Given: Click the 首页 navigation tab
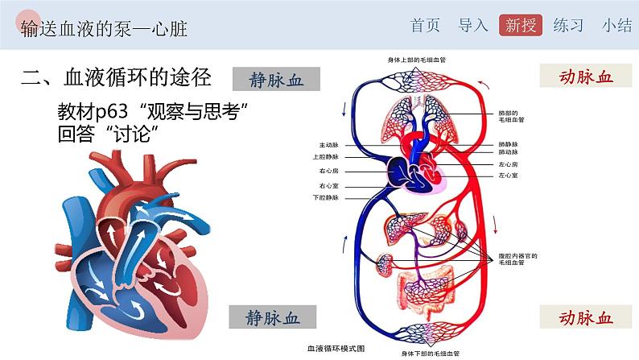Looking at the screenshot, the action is pyautogui.click(x=425, y=25).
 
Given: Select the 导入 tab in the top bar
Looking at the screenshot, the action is pyautogui.click(x=473, y=25).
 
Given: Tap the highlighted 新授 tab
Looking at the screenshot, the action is pyautogui.click(x=521, y=25).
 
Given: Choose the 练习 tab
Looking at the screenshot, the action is pyautogui.click(x=569, y=25).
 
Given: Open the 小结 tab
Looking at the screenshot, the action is pyautogui.click(x=617, y=25).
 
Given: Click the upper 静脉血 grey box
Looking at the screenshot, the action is pyautogui.click(x=276, y=79).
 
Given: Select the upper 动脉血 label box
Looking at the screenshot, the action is pyautogui.click(x=586, y=77).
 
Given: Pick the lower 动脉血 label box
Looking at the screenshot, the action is pyautogui.click(x=586, y=317).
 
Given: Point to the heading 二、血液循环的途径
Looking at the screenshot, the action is pyautogui.click(x=117, y=77).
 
